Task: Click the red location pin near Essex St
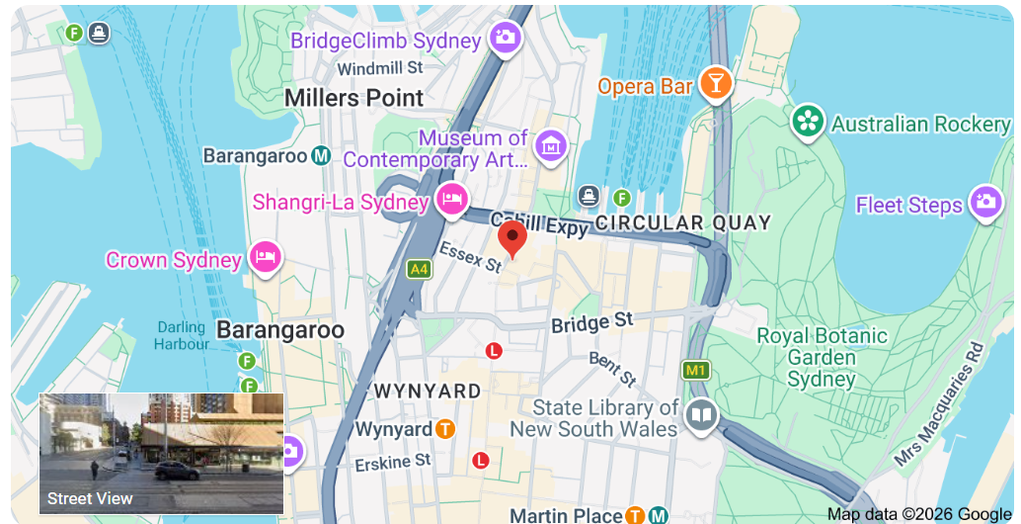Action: point(511,238)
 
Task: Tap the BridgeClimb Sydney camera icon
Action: point(506,39)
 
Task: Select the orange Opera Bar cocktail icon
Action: point(716,84)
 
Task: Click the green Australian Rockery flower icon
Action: point(808,123)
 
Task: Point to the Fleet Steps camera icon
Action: point(984,204)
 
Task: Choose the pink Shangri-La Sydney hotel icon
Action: point(451,198)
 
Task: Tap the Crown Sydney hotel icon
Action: point(265,258)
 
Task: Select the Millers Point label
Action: point(353,98)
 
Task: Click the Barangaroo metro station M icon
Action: point(321,155)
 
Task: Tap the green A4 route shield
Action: point(419,268)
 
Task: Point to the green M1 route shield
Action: point(697,370)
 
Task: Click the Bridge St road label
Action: point(592,322)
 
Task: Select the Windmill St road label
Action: point(379,68)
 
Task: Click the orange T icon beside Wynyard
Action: point(445,429)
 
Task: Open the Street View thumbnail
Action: point(161,453)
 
